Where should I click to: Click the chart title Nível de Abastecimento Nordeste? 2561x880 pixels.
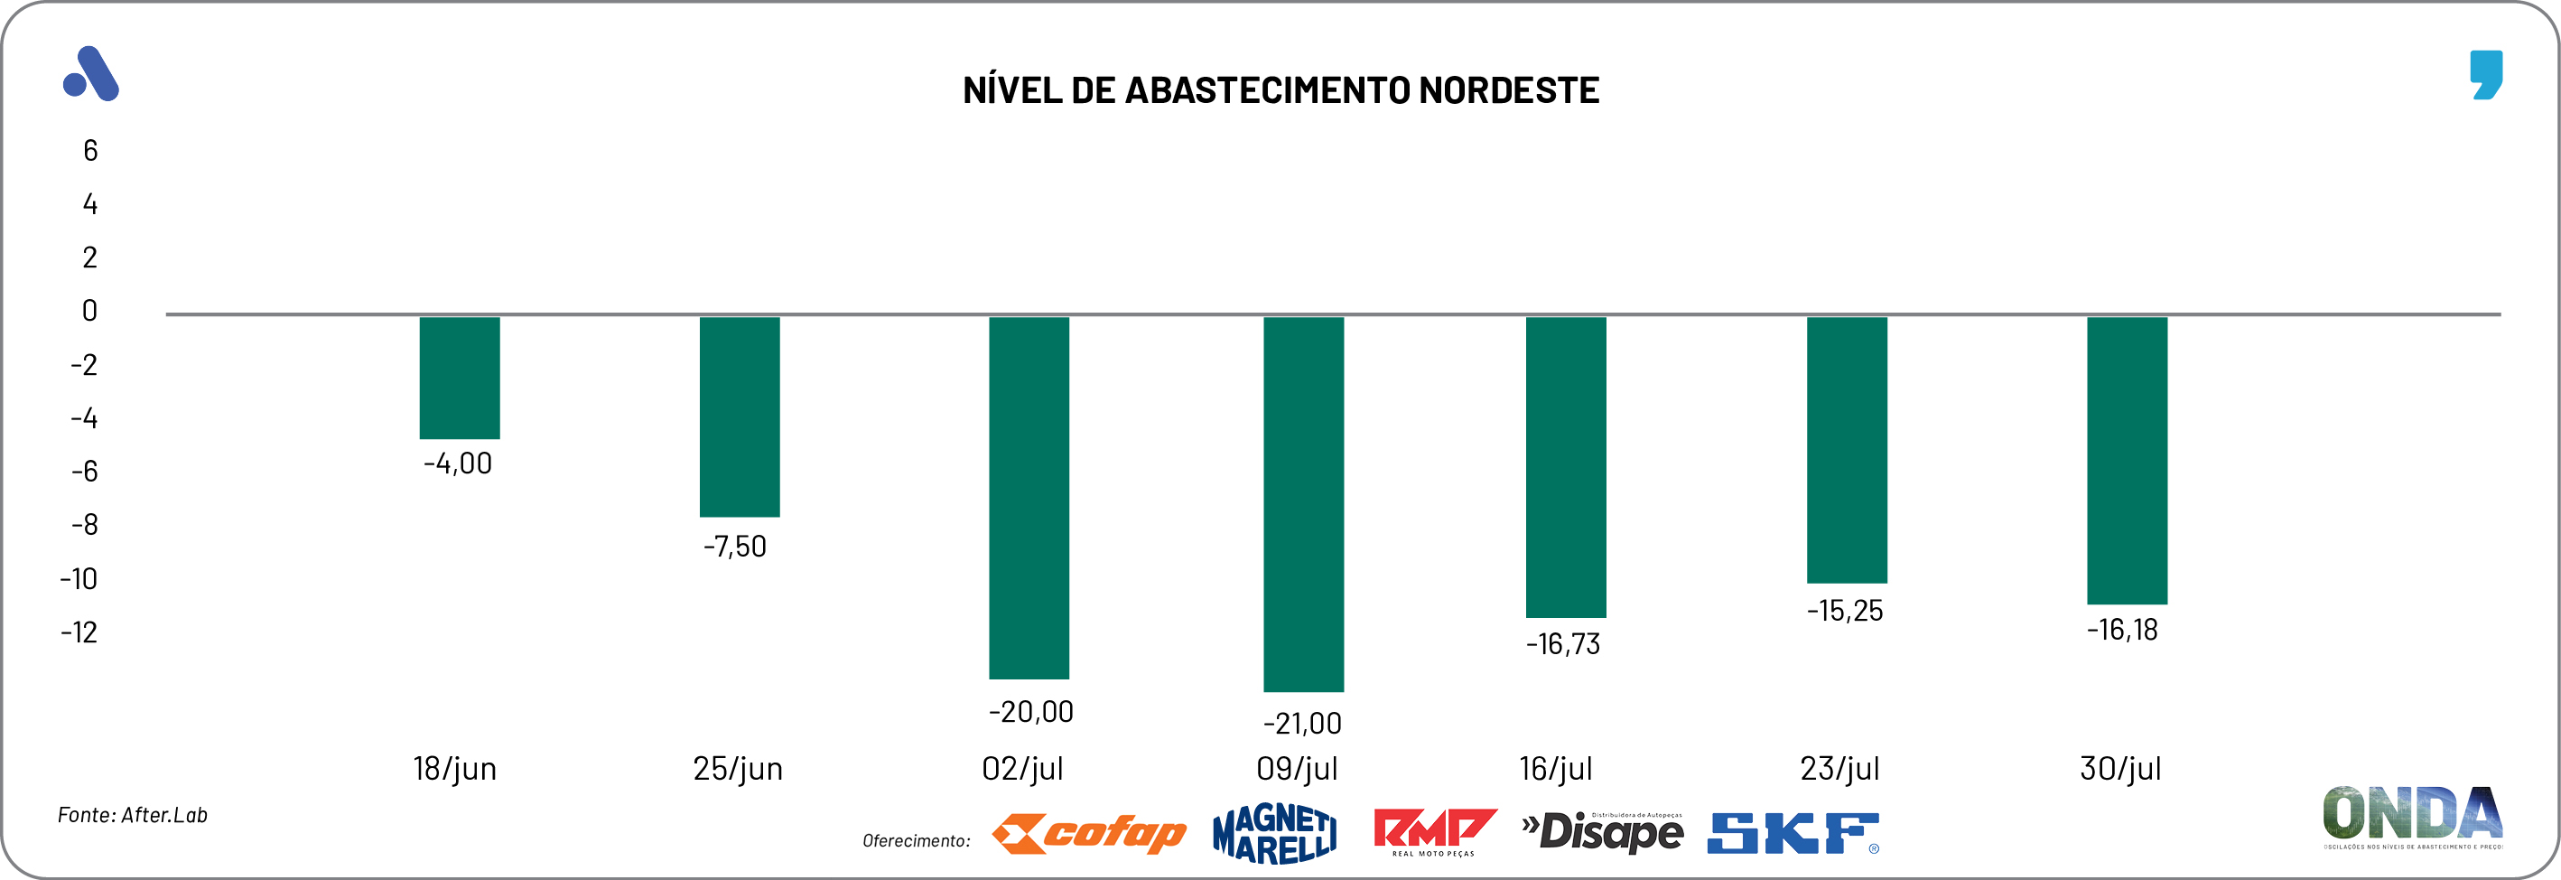tap(1280, 90)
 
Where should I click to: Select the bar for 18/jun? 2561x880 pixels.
tap(460, 378)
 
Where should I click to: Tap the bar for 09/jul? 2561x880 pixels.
tap(1302, 503)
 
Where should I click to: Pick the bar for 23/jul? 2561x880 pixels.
tap(1846, 449)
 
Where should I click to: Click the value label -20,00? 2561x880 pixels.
tap(1030, 712)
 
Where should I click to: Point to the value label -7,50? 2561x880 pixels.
tap(735, 547)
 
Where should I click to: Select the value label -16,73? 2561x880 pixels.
tap(1563, 644)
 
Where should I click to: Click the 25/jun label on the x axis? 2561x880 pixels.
tap(738, 769)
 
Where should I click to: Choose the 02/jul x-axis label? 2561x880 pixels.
tap(1022, 769)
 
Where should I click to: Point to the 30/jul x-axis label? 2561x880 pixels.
tap(2119, 769)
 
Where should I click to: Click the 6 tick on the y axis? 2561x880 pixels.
tap(90, 151)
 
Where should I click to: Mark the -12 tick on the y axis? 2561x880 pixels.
tap(79, 632)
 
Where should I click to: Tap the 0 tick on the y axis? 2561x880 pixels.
tap(89, 311)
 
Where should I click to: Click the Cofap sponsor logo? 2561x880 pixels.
tap(1089, 834)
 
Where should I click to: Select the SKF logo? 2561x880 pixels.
tap(1793, 834)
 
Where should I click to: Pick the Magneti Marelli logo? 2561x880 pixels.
tap(1273, 834)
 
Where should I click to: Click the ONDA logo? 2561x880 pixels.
tap(2412, 815)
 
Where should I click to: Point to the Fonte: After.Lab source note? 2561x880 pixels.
tap(132, 815)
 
